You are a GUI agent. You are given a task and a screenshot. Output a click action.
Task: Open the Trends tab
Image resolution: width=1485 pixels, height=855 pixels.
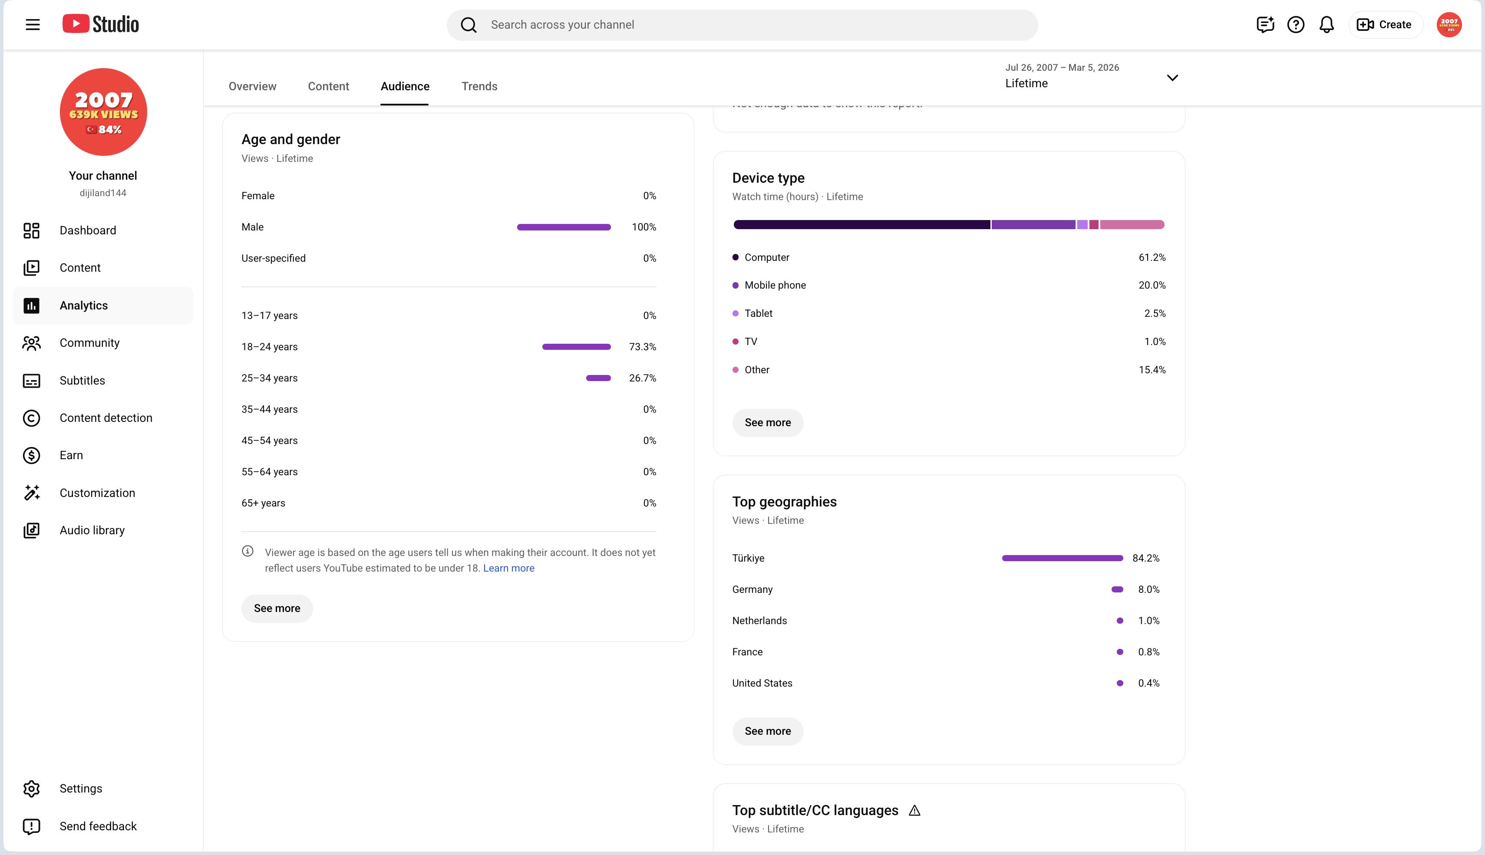pyautogui.click(x=479, y=86)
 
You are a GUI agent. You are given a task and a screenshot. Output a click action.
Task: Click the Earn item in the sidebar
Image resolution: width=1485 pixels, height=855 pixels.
pyautogui.click(x=71, y=455)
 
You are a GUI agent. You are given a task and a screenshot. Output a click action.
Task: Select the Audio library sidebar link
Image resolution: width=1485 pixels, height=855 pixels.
pyautogui.click(x=92, y=530)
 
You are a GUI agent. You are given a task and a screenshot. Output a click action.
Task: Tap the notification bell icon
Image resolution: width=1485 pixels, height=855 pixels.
pyautogui.click(x=1327, y=25)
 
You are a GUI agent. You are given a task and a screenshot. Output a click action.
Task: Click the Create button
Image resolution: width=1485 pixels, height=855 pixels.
pyautogui.click(x=1385, y=25)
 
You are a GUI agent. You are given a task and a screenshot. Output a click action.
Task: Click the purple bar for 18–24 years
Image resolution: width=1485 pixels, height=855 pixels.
pyautogui.click(x=576, y=347)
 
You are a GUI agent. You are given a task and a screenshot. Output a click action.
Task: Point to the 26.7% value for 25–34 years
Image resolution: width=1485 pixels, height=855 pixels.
pyautogui.click(x=642, y=378)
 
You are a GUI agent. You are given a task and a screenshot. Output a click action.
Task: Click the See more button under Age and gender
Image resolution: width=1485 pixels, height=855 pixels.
pyautogui.click(x=277, y=608)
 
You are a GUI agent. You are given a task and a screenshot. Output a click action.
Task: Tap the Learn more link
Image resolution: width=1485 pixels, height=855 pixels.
pyautogui.click(x=509, y=569)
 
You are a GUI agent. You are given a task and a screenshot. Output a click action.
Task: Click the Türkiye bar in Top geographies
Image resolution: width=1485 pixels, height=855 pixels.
pyautogui.click(x=1062, y=559)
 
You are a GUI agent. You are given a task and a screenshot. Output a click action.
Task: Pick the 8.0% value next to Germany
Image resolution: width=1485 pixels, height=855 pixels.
pyautogui.click(x=1148, y=589)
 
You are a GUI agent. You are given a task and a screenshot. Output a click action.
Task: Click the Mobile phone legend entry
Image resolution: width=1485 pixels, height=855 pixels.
pyautogui.click(x=769, y=286)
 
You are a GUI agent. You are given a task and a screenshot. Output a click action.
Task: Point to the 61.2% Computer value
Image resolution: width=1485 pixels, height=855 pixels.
pyautogui.click(x=1152, y=257)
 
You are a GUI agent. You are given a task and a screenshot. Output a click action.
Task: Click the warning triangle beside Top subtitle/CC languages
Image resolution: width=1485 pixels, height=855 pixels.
pyautogui.click(x=914, y=811)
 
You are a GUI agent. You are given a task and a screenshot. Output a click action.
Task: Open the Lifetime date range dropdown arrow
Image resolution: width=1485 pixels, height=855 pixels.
pyautogui.click(x=1172, y=78)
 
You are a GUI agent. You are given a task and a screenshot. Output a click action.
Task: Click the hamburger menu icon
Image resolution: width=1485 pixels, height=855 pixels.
pyautogui.click(x=33, y=25)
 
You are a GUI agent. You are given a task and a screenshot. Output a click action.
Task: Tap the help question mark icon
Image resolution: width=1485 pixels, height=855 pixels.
pyautogui.click(x=1295, y=25)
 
